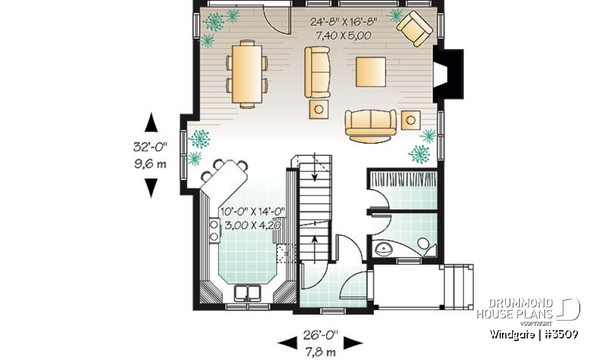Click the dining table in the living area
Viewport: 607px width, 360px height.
point(247,73)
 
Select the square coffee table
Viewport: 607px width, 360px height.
point(371,71)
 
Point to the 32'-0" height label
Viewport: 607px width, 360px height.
point(150,147)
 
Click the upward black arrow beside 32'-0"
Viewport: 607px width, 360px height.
point(151,123)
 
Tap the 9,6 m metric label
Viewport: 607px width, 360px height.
point(150,164)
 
